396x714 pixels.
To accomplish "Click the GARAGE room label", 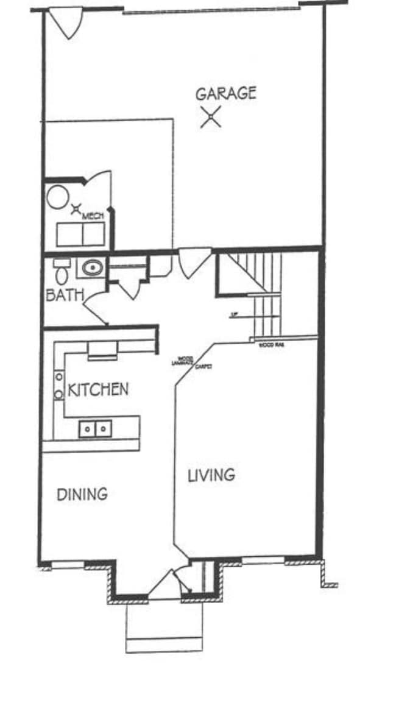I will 225,93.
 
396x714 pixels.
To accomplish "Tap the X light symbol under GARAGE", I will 211,116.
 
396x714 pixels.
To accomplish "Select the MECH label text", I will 93,216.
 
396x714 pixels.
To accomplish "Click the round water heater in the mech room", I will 59,197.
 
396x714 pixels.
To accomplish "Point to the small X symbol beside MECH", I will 76,210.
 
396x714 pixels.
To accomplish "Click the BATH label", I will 65,295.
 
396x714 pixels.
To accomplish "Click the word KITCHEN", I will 97,389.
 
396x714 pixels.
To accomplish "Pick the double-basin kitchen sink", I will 95,429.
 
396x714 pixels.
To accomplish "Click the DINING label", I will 82,494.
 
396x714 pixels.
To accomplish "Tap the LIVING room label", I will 211,475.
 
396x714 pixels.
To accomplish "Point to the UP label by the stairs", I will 233,315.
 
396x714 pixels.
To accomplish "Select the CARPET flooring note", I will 203,367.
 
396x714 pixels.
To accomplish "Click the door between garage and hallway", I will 194,260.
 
